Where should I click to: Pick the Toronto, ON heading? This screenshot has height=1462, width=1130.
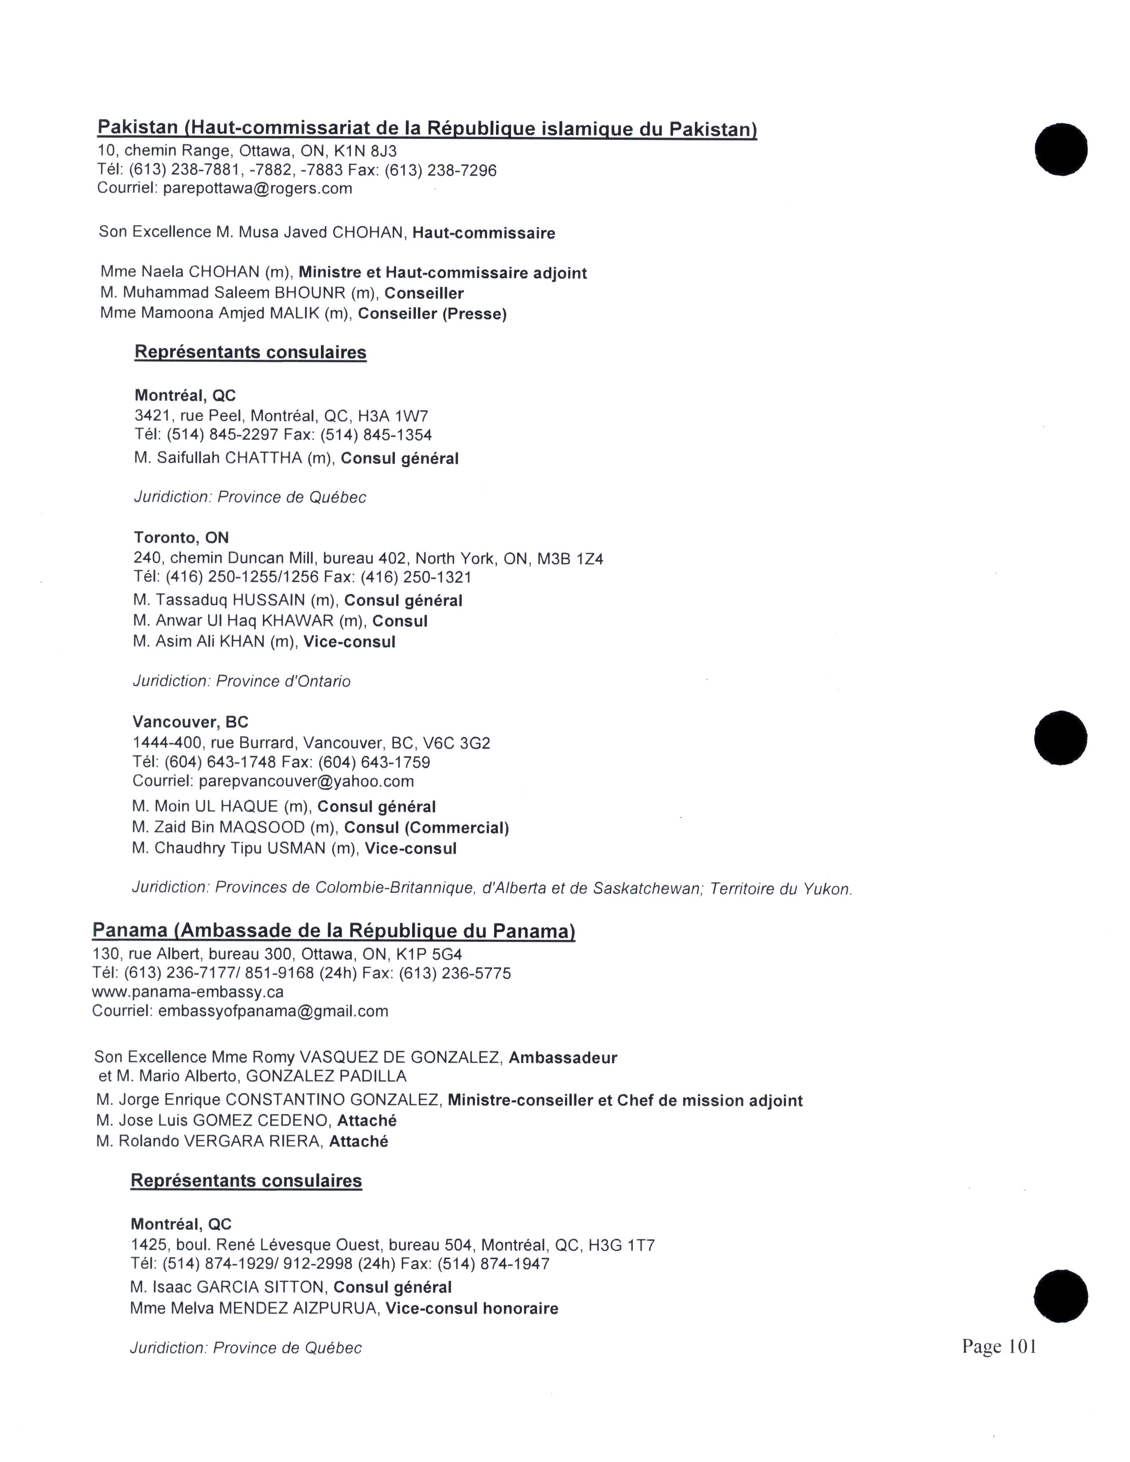pos(181,537)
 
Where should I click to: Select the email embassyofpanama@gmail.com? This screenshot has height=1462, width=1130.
pos(273,1011)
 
